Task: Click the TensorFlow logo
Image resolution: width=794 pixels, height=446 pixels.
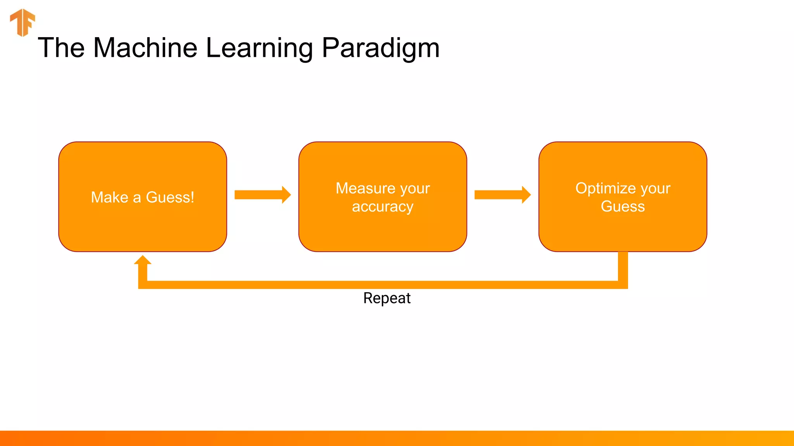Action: pos(22,22)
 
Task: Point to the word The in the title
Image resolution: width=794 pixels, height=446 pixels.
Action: pos(61,48)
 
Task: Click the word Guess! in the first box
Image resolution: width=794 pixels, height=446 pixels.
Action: pos(170,197)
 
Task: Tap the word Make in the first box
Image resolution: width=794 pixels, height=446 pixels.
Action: pos(109,197)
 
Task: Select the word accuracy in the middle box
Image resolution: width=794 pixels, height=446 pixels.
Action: pos(383,207)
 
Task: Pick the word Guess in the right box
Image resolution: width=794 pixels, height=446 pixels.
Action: pos(623,206)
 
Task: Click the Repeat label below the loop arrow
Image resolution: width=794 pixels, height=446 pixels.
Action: pos(387,298)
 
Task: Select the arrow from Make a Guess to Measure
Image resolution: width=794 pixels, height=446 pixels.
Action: pos(262,195)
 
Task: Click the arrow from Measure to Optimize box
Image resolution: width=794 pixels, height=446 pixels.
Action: pos(502,195)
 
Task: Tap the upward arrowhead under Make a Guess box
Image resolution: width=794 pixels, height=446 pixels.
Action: pos(143,260)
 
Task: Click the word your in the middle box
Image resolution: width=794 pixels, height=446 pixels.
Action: pos(415,189)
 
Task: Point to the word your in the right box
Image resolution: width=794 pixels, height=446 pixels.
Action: pos(655,189)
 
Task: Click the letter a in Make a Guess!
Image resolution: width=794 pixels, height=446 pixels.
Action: pos(137,198)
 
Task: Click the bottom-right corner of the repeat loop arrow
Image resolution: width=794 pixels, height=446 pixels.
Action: pos(623,285)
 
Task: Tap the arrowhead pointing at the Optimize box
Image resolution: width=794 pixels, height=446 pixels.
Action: pos(526,195)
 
